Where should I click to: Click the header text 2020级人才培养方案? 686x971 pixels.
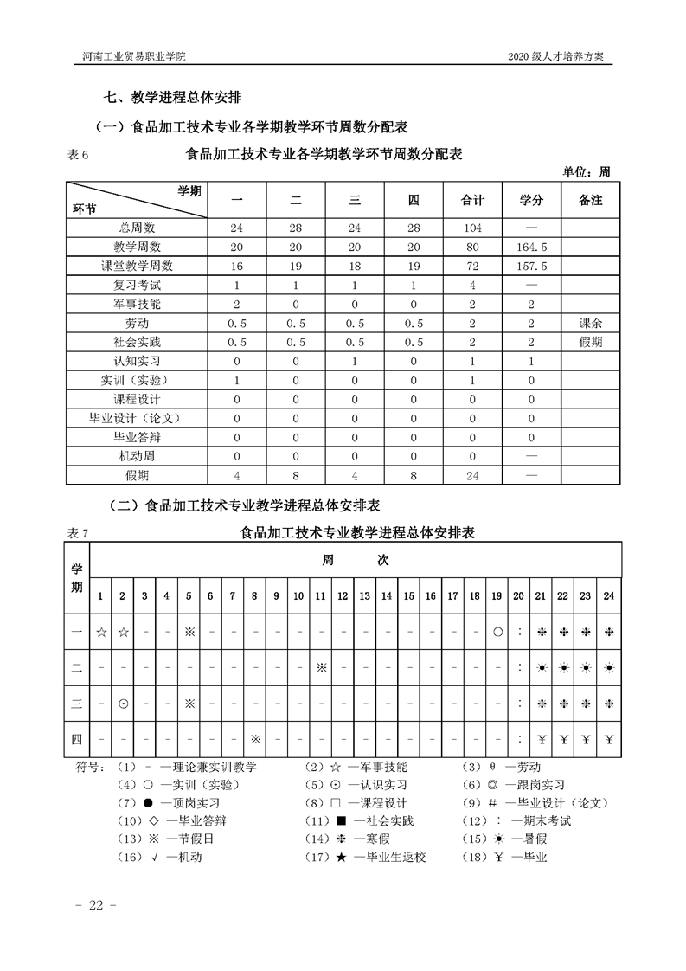(x=562, y=56)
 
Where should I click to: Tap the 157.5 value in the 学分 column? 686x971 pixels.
(x=531, y=266)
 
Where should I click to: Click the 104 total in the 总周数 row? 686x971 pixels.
(x=473, y=228)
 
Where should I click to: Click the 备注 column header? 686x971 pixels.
(x=590, y=200)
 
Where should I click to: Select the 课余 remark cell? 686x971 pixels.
(x=590, y=323)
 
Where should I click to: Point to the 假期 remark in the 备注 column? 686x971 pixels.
(x=590, y=342)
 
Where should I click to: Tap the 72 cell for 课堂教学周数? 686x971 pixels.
(x=473, y=266)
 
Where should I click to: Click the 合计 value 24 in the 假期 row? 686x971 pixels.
(x=473, y=475)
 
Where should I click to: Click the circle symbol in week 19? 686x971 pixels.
(x=497, y=632)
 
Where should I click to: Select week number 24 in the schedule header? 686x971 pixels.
(x=609, y=595)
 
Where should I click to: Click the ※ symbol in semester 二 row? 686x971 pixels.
(x=321, y=667)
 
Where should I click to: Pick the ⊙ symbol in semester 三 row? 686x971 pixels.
(x=123, y=703)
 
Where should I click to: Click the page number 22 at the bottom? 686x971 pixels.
(x=90, y=905)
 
